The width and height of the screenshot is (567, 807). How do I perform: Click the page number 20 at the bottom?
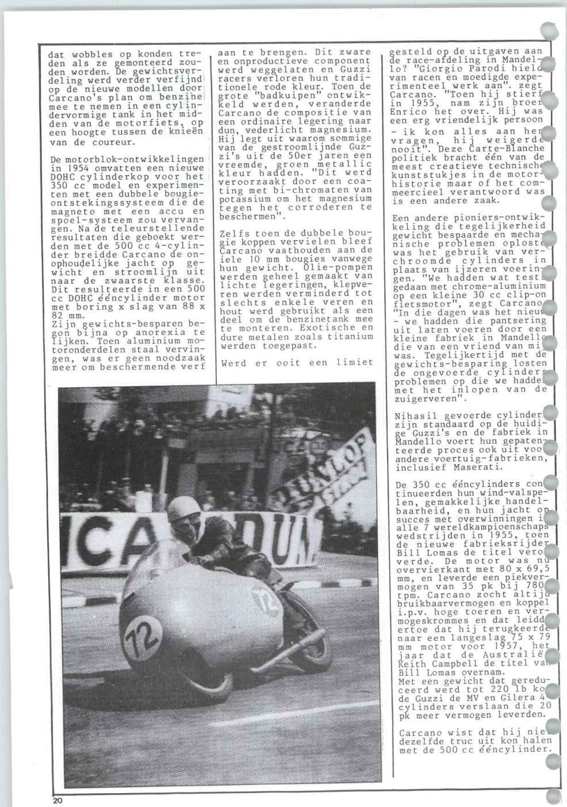click(x=57, y=800)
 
